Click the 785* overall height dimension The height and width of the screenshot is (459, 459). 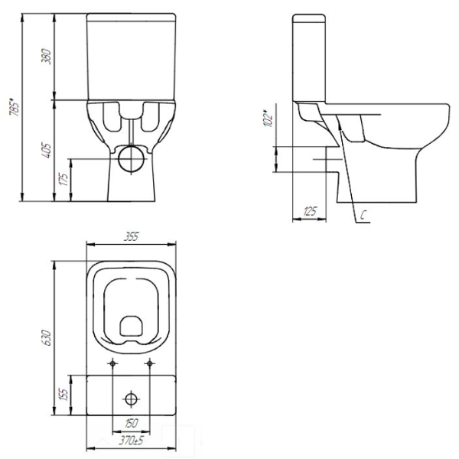coord(15,108)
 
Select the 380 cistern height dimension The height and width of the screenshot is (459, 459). coord(47,57)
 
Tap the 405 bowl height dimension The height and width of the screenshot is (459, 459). coord(47,151)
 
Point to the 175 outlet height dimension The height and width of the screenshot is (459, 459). coord(63,179)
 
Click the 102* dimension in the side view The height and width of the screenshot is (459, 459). coord(269,118)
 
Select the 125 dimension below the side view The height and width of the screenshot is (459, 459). coord(310,211)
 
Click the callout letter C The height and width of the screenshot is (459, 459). coord(363,215)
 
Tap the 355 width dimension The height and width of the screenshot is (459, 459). coord(131,236)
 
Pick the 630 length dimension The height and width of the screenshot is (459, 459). coord(47,337)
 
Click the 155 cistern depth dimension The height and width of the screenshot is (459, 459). coord(63,394)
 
